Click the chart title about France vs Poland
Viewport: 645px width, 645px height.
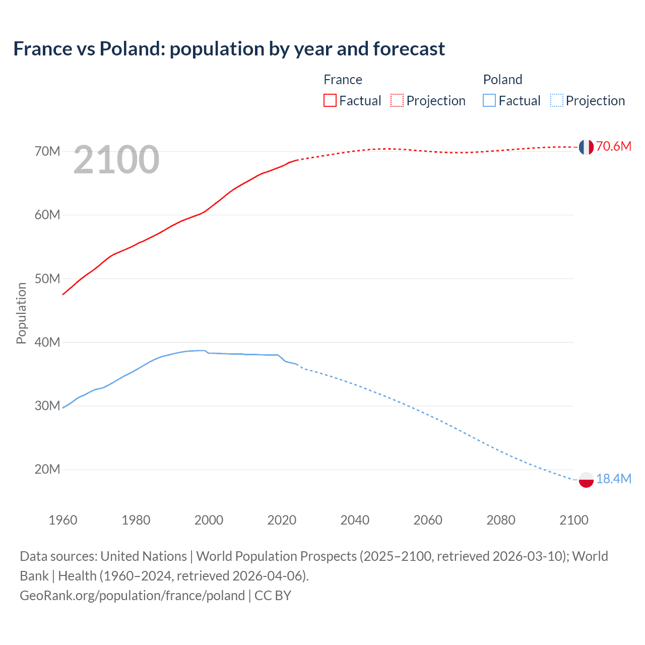click(x=229, y=49)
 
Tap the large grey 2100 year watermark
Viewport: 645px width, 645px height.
click(x=116, y=160)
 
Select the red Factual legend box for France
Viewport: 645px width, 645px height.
click(x=330, y=100)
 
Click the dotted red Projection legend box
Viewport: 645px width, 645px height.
click(x=397, y=100)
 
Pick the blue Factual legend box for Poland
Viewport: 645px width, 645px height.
click(x=489, y=100)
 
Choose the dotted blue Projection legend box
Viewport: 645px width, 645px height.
click(x=556, y=100)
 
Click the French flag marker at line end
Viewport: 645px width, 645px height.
click(x=586, y=147)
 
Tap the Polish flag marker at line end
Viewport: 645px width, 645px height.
click(x=586, y=480)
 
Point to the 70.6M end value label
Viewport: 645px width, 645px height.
click(x=613, y=146)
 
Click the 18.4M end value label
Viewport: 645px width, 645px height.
click(x=613, y=479)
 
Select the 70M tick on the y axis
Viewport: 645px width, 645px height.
click(x=47, y=151)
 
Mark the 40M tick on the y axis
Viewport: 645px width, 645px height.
click(x=47, y=342)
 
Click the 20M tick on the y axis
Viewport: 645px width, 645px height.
click(x=47, y=469)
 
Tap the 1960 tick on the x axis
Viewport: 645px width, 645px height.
click(x=63, y=520)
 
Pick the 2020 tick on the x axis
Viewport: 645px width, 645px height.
click(x=282, y=520)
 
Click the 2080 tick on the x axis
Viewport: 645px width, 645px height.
click(x=501, y=520)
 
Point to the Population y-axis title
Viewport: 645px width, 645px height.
click(x=21, y=313)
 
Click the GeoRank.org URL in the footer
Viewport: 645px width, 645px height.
click(x=132, y=595)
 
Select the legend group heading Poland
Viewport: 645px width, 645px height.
click(x=502, y=80)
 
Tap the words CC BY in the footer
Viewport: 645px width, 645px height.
click(x=273, y=595)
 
